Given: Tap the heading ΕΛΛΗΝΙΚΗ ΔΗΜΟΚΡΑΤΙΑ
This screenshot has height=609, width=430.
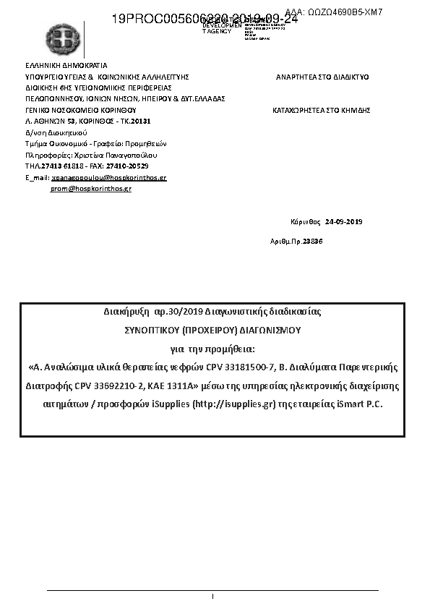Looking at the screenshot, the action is coord(66,65).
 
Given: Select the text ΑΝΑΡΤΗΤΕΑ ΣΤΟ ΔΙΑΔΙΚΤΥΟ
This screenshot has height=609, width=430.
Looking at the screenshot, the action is coord(322,76).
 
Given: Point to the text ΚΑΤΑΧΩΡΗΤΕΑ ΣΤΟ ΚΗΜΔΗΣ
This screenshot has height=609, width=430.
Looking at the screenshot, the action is coord(321,110).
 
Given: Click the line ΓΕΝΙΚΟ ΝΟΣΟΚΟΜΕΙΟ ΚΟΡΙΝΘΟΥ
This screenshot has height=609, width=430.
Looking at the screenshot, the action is coord(80,110).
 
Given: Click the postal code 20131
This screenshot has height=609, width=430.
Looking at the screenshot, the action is coord(139,121).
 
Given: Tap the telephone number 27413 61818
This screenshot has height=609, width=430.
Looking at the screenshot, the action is coord(61,166).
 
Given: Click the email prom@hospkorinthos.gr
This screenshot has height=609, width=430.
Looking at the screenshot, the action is coord(90,188).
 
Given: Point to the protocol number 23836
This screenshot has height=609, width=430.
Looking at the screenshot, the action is coord(312,240).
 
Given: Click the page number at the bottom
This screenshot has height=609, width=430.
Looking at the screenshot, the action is coord(214,596).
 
